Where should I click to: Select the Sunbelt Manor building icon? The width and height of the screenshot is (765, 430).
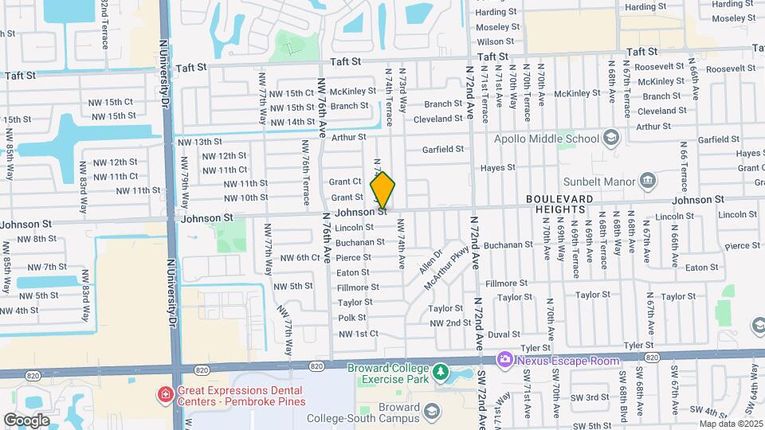(648, 180)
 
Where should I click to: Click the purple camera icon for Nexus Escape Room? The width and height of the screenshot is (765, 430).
(504, 361)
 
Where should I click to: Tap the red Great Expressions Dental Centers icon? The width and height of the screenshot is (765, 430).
(165, 394)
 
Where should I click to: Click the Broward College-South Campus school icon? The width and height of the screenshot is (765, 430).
(432, 412)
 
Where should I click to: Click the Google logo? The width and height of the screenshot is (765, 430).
(26, 420)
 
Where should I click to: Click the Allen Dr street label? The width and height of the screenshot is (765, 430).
(426, 260)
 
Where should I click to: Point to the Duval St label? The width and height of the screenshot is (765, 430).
(504, 335)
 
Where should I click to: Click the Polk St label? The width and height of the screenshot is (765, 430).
(351, 318)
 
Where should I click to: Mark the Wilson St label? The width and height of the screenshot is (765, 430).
(495, 41)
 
